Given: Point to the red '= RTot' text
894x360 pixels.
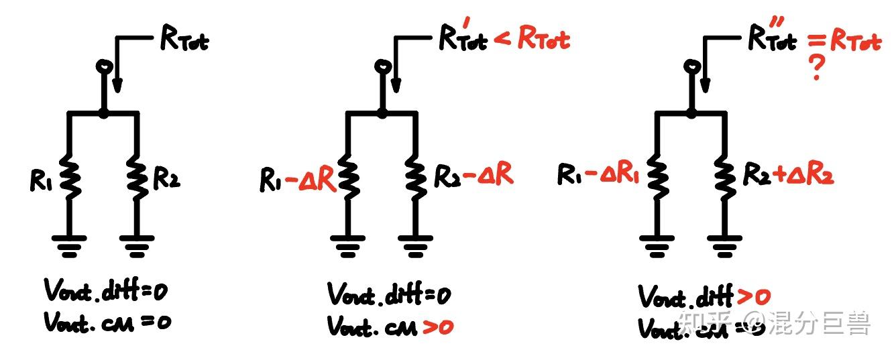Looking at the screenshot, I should click(x=844, y=42).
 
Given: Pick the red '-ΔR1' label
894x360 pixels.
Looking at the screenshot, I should click(x=611, y=176).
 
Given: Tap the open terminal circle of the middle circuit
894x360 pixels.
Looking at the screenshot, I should click(x=382, y=67).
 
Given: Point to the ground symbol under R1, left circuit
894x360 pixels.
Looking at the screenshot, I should click(x=70, y=245).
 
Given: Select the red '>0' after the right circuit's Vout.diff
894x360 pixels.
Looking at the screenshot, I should click(x=753, y=296).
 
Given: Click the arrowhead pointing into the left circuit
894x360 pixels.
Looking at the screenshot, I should click(x=118, y=85).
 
